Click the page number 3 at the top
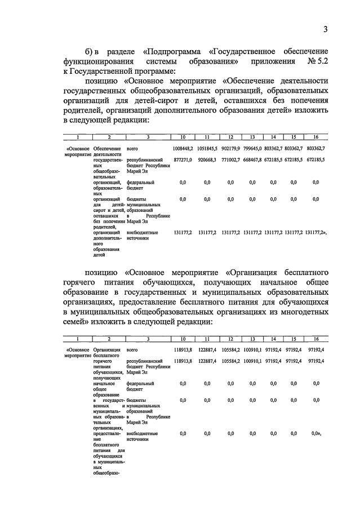click(x=325, y=30)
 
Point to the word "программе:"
click(x=152, y=71)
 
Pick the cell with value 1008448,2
click(x=183, y=148)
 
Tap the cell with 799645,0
click(x=253, y=148)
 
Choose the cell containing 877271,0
click(x=183, y=160)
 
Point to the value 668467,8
click(x=253, y=160)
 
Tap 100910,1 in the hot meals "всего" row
click(x=253, y=349)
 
